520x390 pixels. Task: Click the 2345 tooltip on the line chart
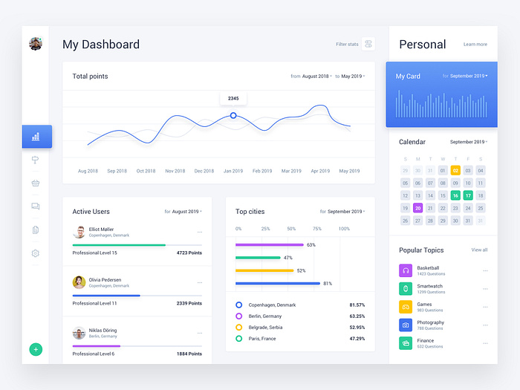point(233,98)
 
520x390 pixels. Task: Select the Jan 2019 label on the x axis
point(233,171)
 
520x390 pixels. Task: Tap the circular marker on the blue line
point(233,116)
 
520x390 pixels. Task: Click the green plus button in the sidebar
point(36,349)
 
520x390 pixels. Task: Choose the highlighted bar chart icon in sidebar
point(36,137)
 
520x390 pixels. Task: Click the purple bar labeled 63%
point(269,244)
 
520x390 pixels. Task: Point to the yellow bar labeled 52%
point(264,270)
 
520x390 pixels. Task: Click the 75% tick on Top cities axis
point(317,229)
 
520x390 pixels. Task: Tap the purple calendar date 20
point(417,208)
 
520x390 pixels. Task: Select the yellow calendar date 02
point(455,171)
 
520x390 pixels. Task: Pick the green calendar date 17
point(468,195)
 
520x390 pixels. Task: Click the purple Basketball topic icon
point(406,270)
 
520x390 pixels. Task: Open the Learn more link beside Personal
point(475,45)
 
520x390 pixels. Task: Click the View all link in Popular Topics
point(479,250)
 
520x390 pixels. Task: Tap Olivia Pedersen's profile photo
point(79,282)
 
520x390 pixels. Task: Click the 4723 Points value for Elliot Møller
point(189,253)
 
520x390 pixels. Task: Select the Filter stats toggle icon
point(368,45)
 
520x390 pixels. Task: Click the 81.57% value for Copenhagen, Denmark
point(357,305)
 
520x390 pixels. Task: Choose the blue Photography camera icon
point(406,325)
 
